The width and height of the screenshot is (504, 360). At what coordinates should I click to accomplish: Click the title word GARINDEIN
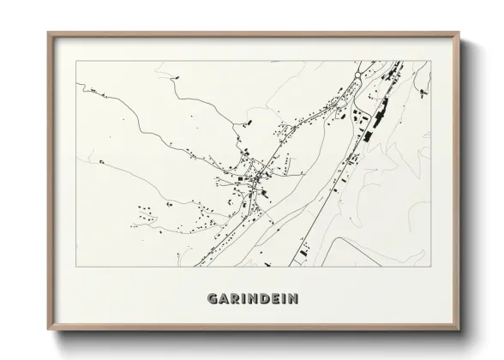pos(253,298)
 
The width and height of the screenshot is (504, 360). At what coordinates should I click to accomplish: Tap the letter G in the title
pos(213,298)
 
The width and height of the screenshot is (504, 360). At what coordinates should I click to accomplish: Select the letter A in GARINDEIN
pos(224,298)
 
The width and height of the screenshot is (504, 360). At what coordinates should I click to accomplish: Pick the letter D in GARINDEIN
pos(262,298)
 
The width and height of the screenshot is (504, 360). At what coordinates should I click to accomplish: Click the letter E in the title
pos(273,298)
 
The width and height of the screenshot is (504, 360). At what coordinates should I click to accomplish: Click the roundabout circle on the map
pos(357,76)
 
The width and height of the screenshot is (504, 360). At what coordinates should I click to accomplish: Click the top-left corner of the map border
pos(75,62)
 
